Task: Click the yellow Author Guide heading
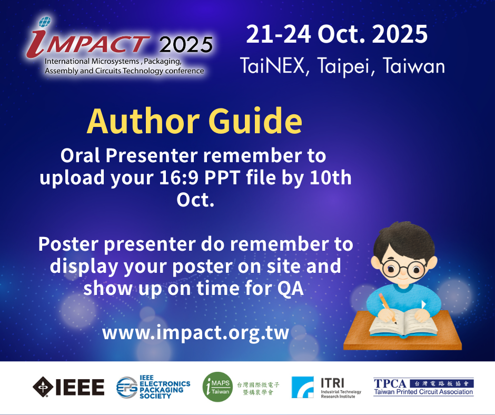click(x=194, y=122)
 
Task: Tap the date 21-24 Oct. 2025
click(x=337, y=34)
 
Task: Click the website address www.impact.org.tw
click(x=195, y=332)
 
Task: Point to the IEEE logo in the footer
click(x=68, y=387)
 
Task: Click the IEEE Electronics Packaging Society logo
click(x=153, y=387)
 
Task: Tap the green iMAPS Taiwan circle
click(x=217, y=387)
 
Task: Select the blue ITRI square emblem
click(x=302, y=387)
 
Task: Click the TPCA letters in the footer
click(x=390, y=383)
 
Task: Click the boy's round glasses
click(x=402, y=269)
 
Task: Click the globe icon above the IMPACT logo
click(x=45, y=22)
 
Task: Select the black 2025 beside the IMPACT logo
click(x=186, y=45)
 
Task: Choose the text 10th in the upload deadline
click(x=331, y=177)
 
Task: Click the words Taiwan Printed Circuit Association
click(x=423, y=392)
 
